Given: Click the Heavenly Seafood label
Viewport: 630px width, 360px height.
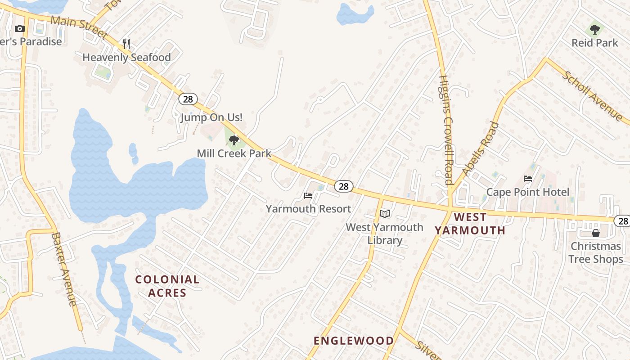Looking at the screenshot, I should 126,58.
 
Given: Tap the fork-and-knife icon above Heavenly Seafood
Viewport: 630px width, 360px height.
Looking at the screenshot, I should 126,44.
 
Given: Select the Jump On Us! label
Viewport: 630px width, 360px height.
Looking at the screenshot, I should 211,118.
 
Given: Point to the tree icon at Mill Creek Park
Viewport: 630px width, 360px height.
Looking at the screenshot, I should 234,140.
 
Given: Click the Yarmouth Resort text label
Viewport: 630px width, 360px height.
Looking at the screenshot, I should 308,209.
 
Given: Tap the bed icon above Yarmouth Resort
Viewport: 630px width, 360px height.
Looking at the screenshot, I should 308,196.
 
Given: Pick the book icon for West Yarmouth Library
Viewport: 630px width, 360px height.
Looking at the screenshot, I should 384,214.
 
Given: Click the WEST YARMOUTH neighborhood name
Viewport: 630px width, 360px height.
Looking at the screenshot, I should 470,224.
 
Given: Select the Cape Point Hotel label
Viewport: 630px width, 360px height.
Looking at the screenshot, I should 528,192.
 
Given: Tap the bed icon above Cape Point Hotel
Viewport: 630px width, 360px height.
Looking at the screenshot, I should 528,179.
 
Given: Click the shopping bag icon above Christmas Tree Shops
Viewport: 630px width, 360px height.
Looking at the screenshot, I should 596,233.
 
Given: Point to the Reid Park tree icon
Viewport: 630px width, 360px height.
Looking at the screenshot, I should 595,30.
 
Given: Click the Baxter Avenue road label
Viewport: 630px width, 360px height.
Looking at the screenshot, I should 64,269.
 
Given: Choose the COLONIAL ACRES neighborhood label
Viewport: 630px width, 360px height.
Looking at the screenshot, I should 167,286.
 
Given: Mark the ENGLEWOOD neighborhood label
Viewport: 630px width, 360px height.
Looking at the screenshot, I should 354,341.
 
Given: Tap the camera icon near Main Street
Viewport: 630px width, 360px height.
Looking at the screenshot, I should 19,29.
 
